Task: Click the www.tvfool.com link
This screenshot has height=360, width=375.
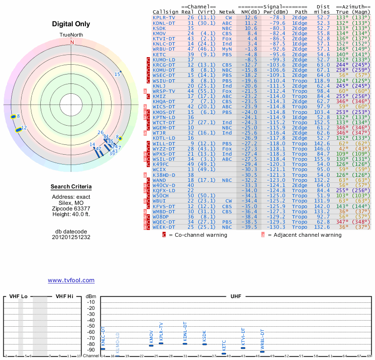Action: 71,280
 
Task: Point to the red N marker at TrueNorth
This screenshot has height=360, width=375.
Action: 72,42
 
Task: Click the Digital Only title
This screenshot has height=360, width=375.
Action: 71,24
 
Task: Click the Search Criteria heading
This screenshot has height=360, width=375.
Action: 71,187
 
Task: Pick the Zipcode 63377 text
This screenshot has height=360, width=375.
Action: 71,209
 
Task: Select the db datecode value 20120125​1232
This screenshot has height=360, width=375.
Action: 71,237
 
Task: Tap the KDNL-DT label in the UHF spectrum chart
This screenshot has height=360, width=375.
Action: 185,332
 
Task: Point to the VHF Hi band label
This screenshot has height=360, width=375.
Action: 64,297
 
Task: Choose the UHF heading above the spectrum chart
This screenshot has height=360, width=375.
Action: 236,297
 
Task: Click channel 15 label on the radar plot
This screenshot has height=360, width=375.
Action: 117,74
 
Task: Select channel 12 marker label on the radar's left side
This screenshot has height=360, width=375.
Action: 24,127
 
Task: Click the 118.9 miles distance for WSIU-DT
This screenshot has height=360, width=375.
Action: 322,80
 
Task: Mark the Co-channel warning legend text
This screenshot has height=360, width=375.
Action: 191,235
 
